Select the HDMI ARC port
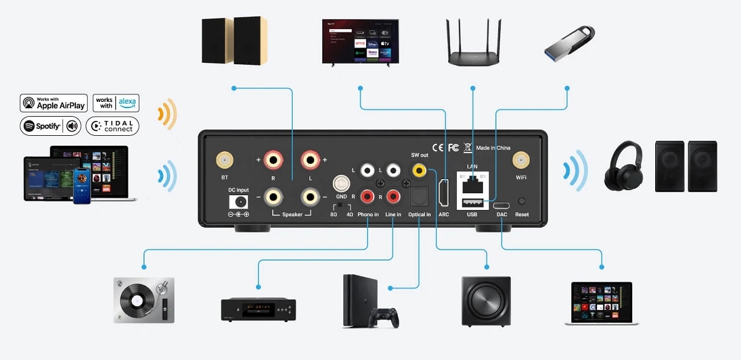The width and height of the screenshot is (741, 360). [443, 193]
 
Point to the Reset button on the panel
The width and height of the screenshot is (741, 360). [522, 201]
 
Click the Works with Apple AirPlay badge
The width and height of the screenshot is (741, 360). [53, 103]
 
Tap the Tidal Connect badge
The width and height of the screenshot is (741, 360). [112, 126]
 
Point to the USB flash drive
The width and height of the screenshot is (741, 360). [569, 43]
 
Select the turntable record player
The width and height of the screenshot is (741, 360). [144, 299]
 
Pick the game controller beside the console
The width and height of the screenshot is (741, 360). [383, 316]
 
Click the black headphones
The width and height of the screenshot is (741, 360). [625, 165]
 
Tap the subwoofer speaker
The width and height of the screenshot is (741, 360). [486, 301]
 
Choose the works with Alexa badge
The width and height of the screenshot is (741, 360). [116, 103]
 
